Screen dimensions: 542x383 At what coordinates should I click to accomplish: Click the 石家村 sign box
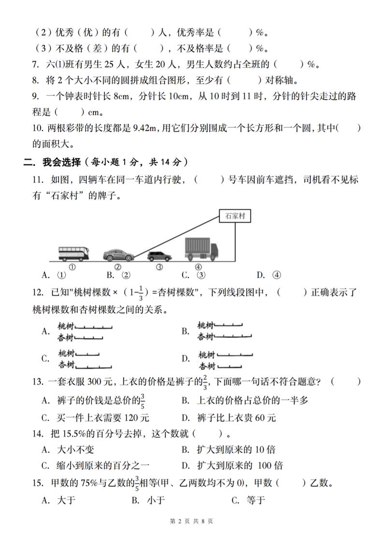(x=235, y=216)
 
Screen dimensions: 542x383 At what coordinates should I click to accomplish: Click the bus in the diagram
(x=73, y=253)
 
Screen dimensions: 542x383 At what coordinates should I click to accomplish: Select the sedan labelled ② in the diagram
(x=117, y=255)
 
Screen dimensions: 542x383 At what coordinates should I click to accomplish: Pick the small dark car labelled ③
(x=158, y=256)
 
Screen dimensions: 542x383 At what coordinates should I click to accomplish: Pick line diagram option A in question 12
(x=85, y=331)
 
